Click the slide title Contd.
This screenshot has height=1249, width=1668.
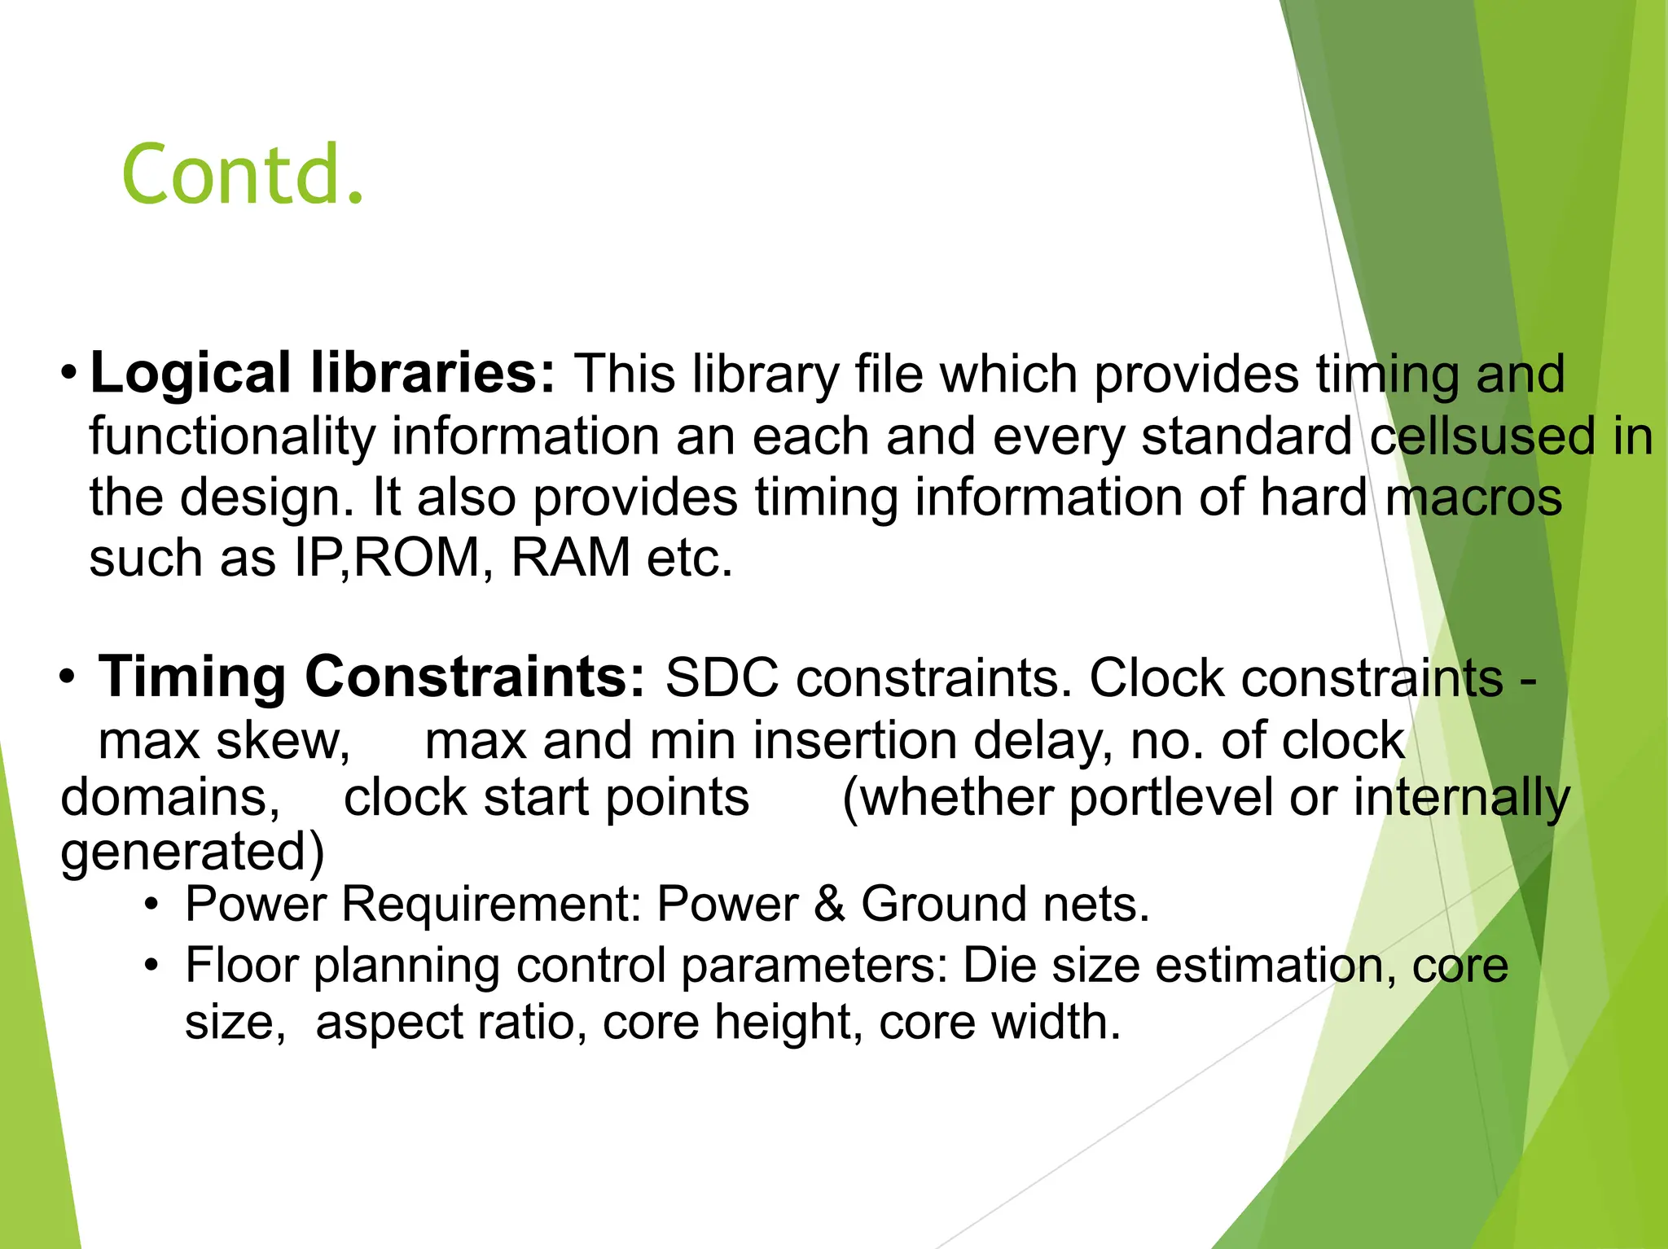[243, 173]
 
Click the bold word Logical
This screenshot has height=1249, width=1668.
[190, 374]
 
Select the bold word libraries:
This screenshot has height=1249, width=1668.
[432, 374]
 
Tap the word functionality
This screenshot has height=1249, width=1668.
[231, 437]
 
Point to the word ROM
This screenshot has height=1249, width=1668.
[418, 559]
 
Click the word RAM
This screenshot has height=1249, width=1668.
[570, 559]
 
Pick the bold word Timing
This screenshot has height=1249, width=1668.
[192, 677]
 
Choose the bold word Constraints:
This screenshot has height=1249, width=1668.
[475, 677]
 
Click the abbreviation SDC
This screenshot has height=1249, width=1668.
[722, 677]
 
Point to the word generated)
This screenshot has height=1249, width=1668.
[192, 852]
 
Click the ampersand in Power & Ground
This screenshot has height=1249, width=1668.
[829, 905]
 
